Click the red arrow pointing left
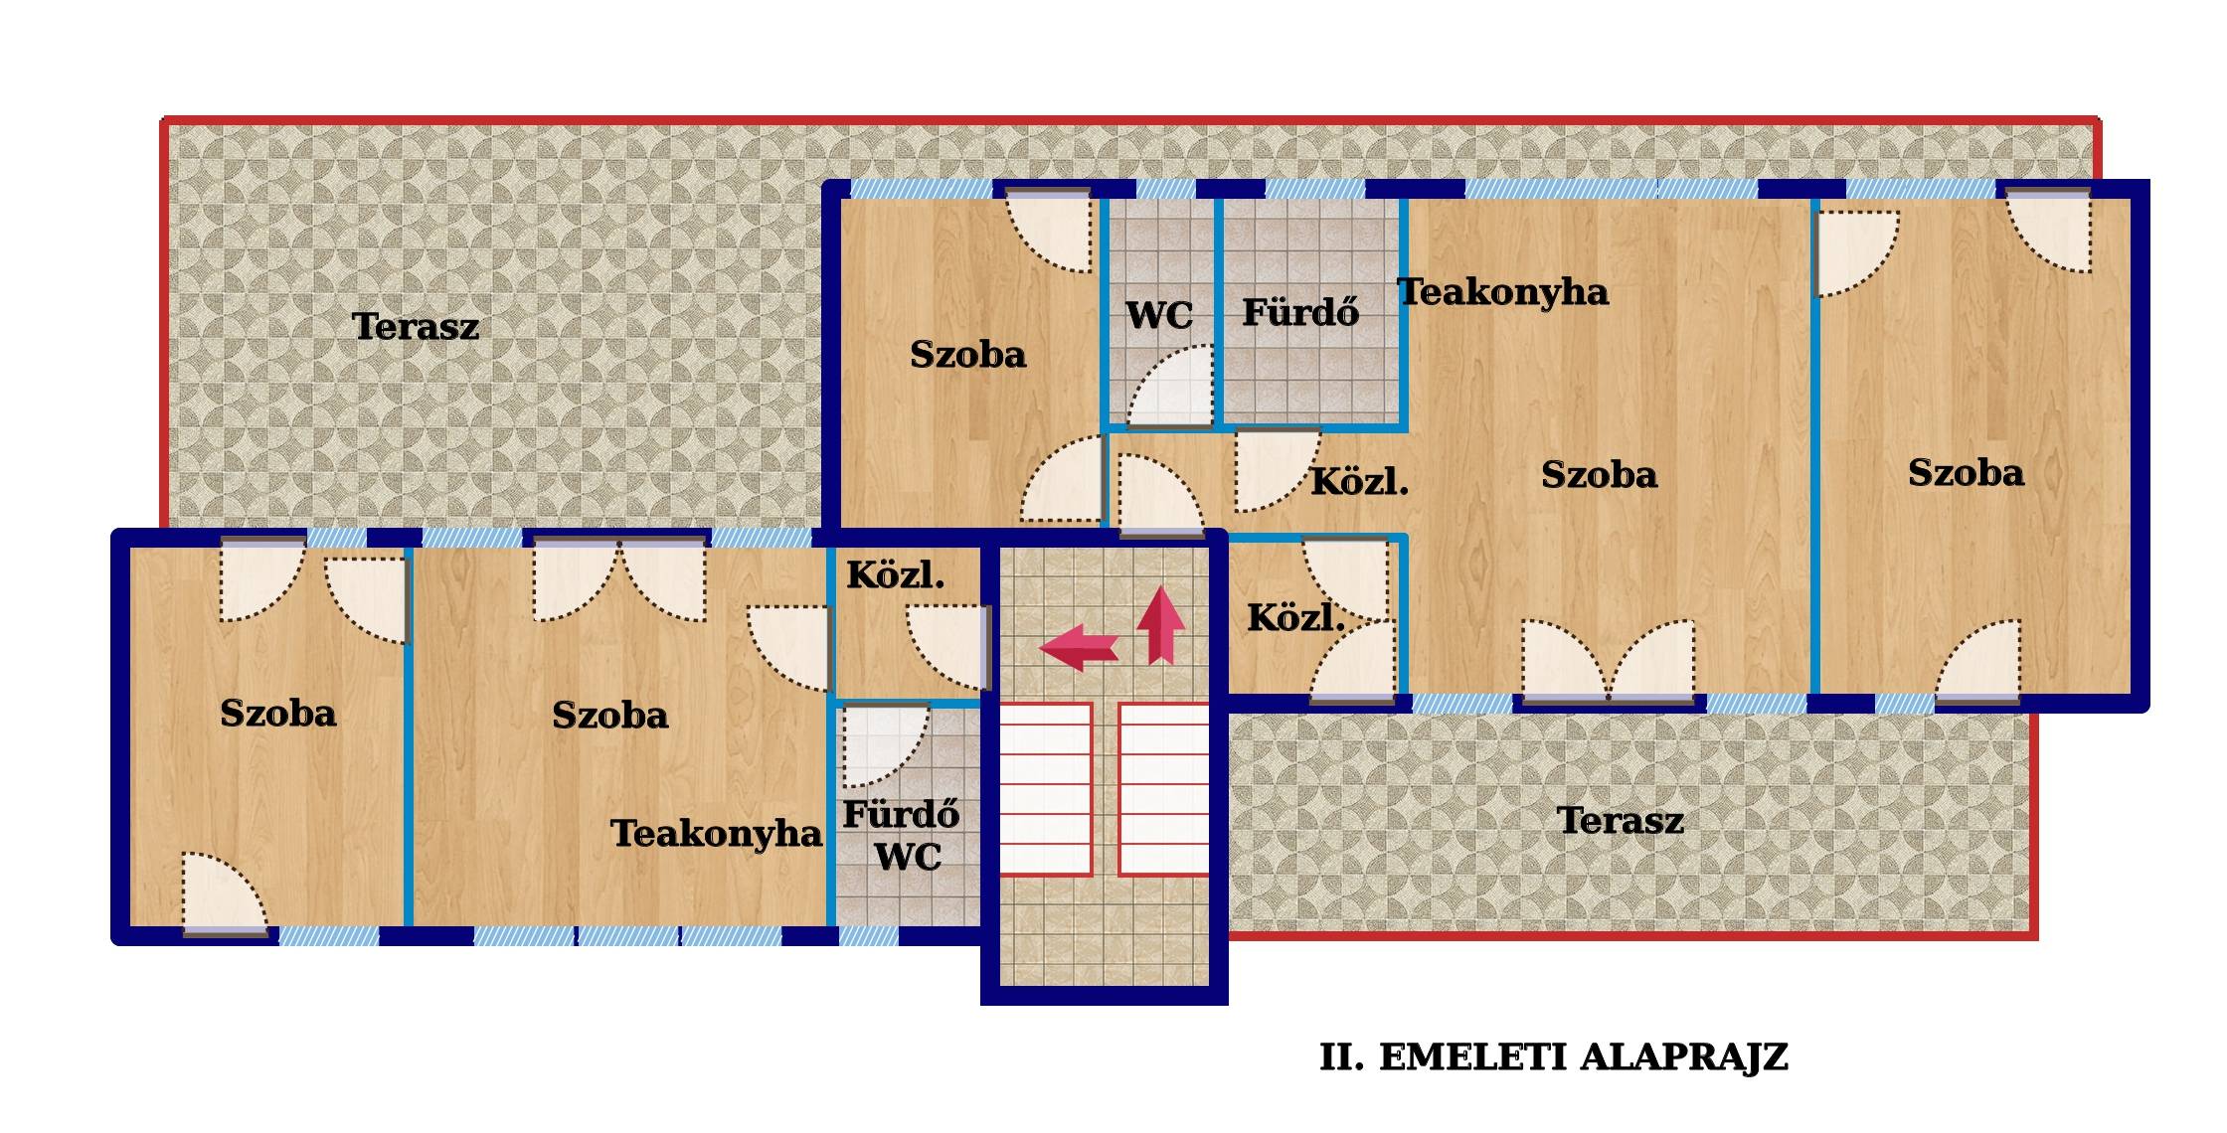[1079, 648]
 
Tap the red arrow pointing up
[1160, 625]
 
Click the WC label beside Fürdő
[1159, 316]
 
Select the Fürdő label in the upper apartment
[1300, 312]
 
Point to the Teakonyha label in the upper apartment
[1503, 291]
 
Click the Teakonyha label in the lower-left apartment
[716, 833]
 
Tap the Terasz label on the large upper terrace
[416, 326]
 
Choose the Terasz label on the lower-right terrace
[1621, 820]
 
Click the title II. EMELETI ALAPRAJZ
[1554, 1056]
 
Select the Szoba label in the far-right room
[1966, 472]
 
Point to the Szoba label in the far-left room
[278, 713]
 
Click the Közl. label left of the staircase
[895, 574]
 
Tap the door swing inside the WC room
[1169, 386]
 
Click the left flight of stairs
[1045, 789]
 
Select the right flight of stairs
[1164, 789]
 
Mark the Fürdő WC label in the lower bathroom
[902, 835]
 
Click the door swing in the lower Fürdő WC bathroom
[885, 745]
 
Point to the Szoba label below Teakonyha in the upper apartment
[1600, 474]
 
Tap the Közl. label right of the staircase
[1296, 617]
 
